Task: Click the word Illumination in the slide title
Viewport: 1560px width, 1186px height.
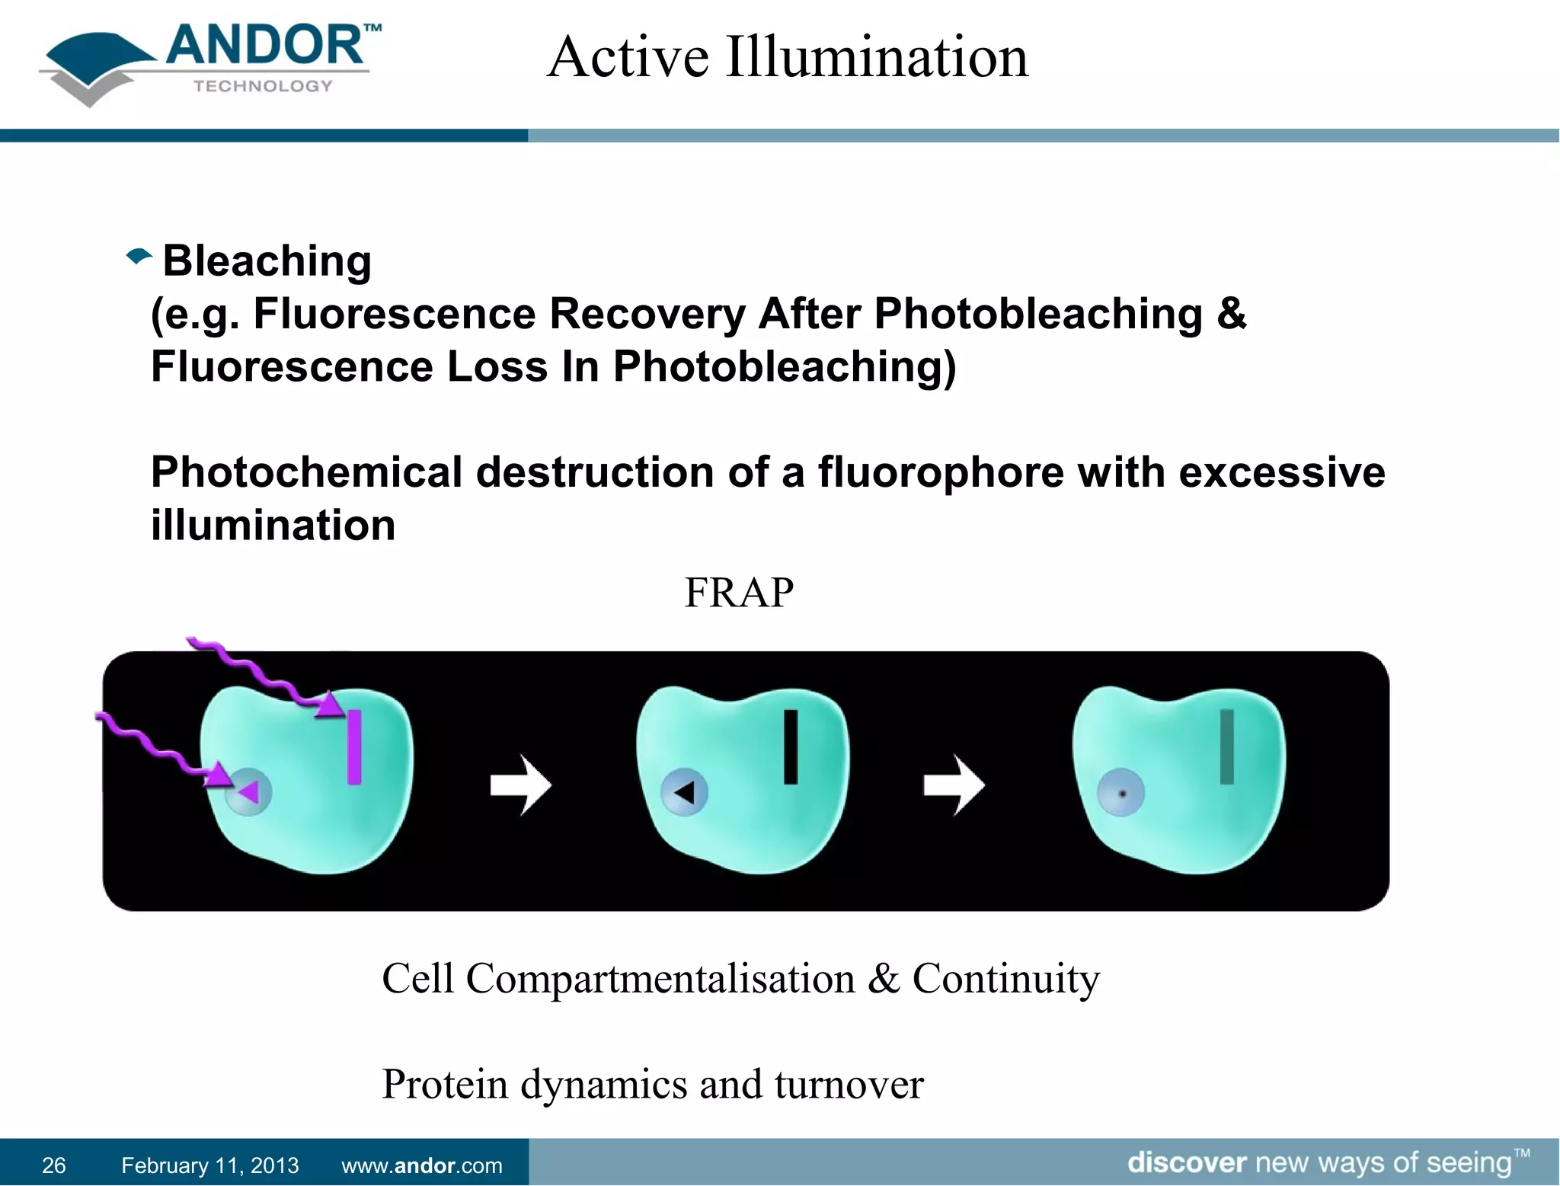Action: click(877, 58)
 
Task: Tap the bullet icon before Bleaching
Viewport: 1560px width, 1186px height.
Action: click(139, 257)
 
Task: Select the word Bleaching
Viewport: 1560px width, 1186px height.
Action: click(267, 261)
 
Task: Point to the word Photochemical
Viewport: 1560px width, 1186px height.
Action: click(306, 472)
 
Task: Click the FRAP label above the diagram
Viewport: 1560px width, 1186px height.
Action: click(738, 593)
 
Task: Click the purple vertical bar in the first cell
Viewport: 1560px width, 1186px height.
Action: click(354, 747)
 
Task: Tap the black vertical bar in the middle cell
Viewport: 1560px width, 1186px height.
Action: click(791, 747)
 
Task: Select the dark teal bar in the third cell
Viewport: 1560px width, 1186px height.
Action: click(1226, 747)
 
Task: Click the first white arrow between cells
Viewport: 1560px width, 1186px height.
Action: click(521, 785)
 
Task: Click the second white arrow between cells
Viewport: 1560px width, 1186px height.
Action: click(954, 785)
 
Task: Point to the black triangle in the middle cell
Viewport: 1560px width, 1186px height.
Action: click(685, 793)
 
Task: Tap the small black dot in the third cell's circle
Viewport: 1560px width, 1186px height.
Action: click(1122, 794)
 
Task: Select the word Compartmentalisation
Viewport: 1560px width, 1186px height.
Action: click(660, 979)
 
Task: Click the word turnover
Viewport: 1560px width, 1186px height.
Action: click(849, 1085)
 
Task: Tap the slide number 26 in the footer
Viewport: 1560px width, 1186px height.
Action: click(53, 1165)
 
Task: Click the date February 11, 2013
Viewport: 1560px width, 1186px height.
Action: click(209, 1165)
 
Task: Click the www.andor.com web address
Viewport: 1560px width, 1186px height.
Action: click(421, 1165)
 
